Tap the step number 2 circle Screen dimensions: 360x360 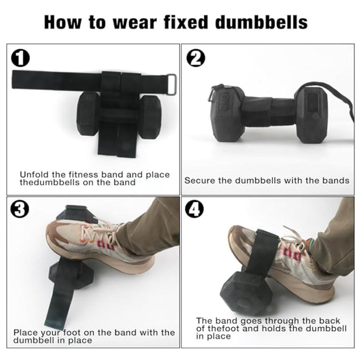(x=196, y=58)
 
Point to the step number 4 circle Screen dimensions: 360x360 (x=196, y=210)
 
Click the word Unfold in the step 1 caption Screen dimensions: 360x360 (x=34, y=175)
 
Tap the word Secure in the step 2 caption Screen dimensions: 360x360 (x=198, y=180)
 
